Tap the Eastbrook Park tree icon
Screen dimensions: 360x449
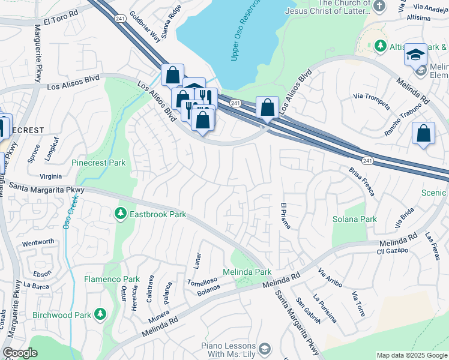click(120, 214)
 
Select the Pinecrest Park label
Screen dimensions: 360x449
click(98, 163)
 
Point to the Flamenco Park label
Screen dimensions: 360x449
click(112, 279)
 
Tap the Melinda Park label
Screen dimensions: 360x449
click(247, 272)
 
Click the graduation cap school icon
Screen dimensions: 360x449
click(415, 55)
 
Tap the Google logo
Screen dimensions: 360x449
click(20, 352)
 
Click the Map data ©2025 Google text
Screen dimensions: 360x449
click(412, 355)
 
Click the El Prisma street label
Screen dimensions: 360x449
click(286, 217)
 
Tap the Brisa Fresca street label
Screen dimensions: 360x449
click(361, 181)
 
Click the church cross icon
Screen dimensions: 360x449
click(379, 6)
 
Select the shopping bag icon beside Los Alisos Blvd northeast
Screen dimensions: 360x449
click(267, 108)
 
